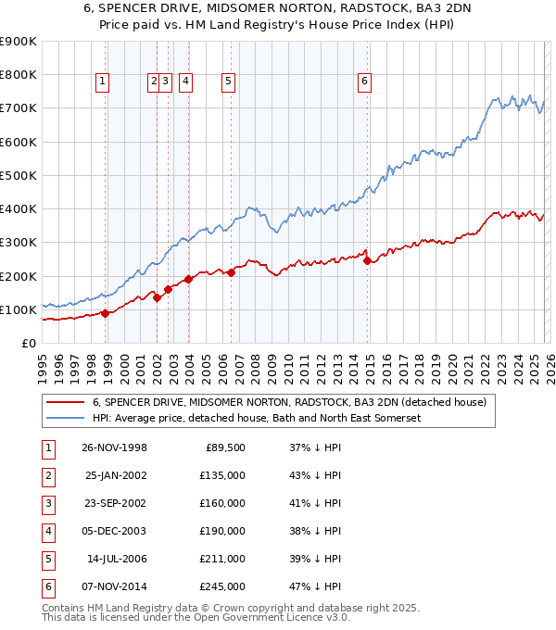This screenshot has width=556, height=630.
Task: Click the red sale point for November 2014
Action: click(x=368, y=260)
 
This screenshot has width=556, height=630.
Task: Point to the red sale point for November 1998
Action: click(x=106, y=313)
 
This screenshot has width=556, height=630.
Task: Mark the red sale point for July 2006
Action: click(x=231, y=272)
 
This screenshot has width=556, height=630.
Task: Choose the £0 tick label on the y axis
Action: click(x=29, y=343)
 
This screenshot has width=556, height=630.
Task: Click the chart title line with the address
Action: click(x=277, y=8)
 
